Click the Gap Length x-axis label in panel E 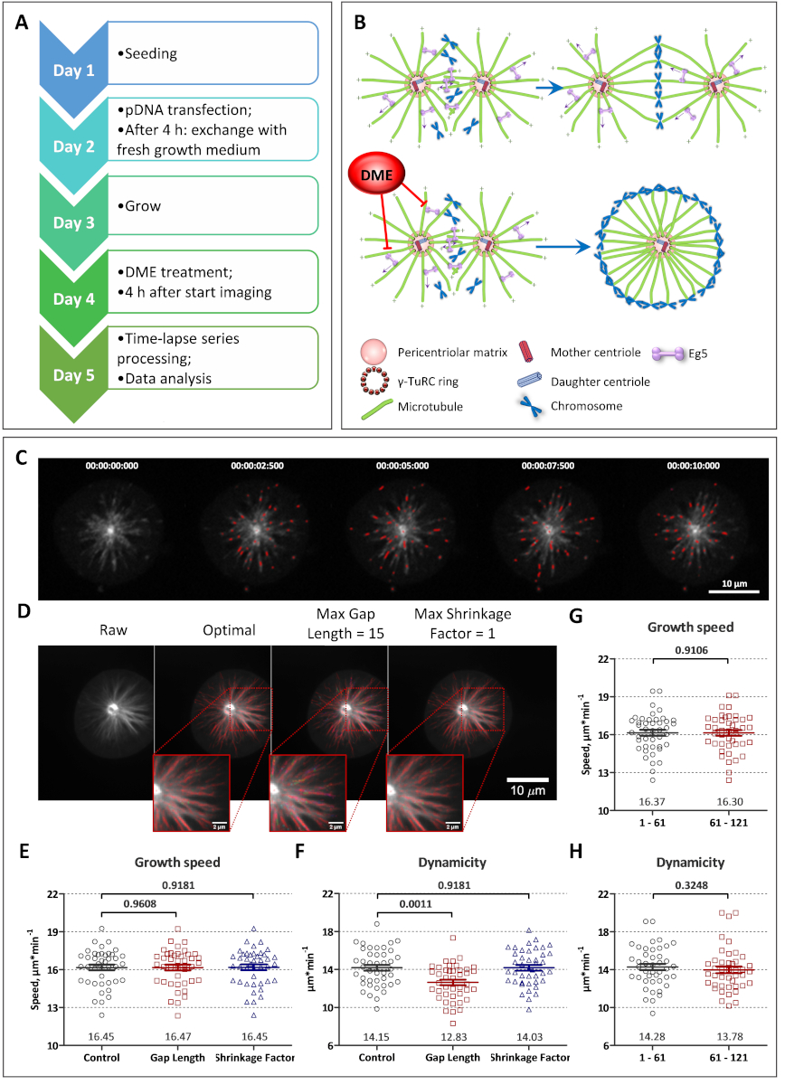click(179, 1058)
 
